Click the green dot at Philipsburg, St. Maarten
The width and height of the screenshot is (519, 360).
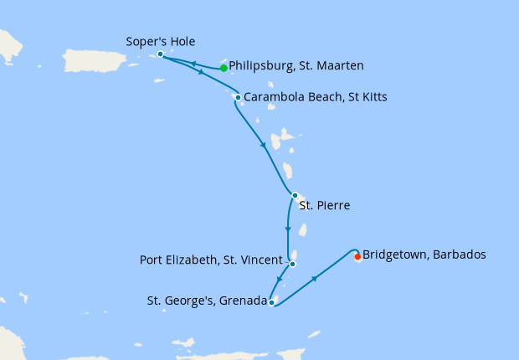(x=224, y=68)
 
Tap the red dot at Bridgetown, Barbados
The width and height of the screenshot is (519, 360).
(x=358, y=257)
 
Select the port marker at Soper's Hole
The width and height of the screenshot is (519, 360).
(x=160, y=54)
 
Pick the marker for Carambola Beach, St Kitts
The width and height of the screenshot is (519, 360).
(x=238, y=98)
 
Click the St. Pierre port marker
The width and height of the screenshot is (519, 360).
(x=295, y=195)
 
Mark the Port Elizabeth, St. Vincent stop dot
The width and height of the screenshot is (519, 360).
(x=293, y=264)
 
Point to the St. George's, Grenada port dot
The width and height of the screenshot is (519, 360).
(x=272, y=302)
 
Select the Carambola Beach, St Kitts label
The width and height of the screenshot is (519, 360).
(x=316, y=97)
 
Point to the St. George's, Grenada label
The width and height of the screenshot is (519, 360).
(x=202, y=301)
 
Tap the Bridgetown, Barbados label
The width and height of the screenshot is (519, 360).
(x=424, y=254)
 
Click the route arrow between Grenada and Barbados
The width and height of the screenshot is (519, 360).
(x=315, y=279)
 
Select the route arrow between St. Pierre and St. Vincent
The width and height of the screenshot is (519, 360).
(x=288, y=228)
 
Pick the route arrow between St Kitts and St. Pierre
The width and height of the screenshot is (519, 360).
(x=264, y=147)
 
